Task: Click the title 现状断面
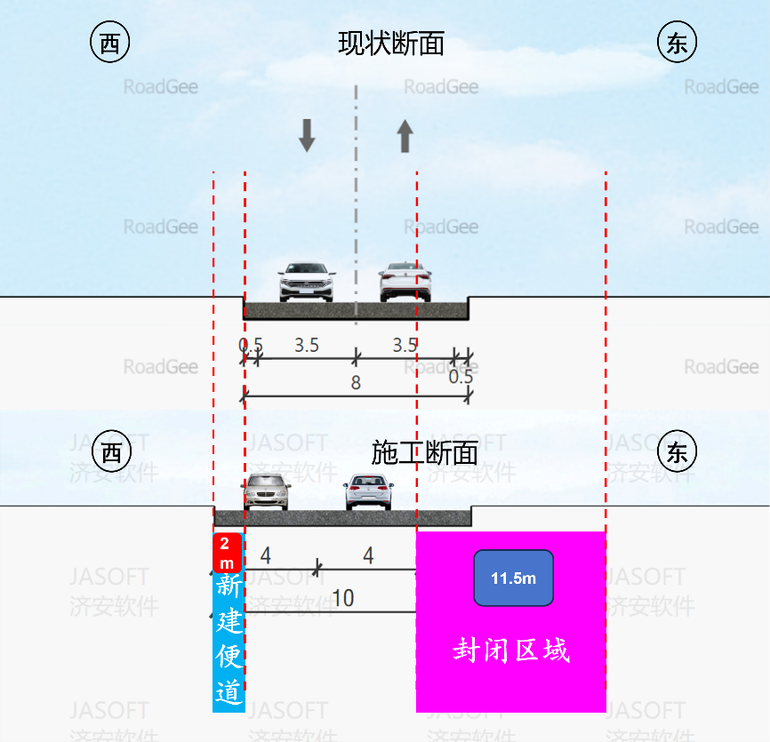[391, 44]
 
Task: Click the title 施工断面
[424, 453]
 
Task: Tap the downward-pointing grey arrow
[307, 135]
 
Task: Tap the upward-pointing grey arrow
[405, 136]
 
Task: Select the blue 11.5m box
[513, 578]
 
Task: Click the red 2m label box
[228, 553]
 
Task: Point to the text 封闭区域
[510, 650]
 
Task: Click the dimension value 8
[356, 383]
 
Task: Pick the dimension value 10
[342, 598]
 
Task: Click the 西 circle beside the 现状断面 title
[110, 44]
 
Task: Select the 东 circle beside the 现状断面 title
[677, 44]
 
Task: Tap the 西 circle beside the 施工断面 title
[110, 453]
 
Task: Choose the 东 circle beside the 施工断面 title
[677, 453]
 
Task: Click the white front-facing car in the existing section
[306, 282]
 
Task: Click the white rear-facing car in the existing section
[405, 282]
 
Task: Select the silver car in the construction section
[267, 491]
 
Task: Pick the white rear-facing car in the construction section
[369, 492]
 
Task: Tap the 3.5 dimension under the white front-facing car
[307, 346]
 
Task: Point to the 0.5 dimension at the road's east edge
[461, 377]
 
